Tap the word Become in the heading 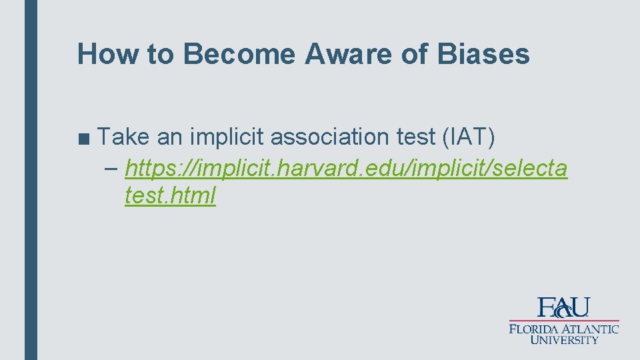(239, 54)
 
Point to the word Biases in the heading (483, 54)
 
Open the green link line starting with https (346, 169)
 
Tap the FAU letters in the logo (563, 307)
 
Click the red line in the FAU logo (564, 321)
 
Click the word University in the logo (564, 340)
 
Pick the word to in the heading (160, 54)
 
